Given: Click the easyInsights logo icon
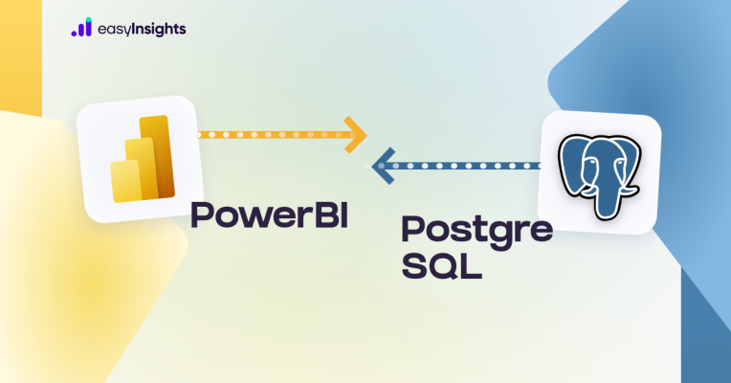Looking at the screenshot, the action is [81, 27].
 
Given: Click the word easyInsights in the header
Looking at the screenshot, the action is [142, 30].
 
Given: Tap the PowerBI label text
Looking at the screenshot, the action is [270, 214].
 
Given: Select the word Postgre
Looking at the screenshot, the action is [476, 231].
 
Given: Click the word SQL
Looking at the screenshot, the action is [441, 266].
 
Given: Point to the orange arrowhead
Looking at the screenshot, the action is [355, 135].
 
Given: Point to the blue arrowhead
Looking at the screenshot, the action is [384, 166].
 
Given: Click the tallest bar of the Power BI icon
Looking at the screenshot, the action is [157, 156].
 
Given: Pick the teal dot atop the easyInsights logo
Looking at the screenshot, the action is [89, 20].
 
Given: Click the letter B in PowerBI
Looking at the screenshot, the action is [325, 214].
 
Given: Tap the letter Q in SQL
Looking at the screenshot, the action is [441, 266].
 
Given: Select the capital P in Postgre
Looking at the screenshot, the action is [411, 229].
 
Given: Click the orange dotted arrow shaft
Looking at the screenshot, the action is [275, 135].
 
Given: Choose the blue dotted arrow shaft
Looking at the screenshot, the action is [461, 166].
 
